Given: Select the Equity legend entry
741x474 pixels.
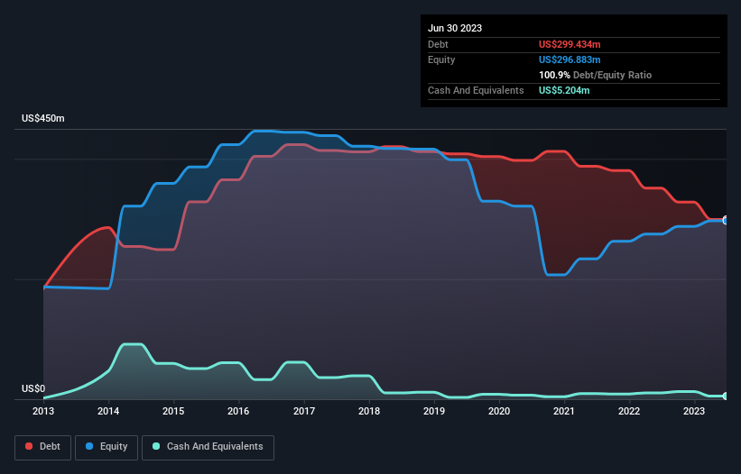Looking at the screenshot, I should point(107,446).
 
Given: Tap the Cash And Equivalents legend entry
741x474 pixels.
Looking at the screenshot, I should point(208,446).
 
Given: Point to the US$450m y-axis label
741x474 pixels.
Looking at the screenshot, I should point(43,119).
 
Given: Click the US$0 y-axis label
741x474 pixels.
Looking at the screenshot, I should point(32,388).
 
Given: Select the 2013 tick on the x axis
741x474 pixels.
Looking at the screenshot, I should point(43,412).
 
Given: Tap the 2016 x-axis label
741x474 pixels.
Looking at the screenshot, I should point(239,412).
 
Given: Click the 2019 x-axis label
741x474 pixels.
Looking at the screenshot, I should point(434,412).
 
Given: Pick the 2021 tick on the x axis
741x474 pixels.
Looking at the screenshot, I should point(564,412).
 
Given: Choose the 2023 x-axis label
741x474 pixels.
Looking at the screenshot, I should point(694,412).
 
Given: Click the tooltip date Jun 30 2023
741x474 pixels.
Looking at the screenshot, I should point(455,28).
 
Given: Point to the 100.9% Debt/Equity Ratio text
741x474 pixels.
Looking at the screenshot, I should point(596,75).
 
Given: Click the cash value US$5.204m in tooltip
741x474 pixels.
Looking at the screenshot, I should point(565,90).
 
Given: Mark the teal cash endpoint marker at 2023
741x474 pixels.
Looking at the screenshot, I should point(726,397).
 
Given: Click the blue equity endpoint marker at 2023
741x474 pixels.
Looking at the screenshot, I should point(726,220).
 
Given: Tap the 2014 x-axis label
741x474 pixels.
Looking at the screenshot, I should point(108,412).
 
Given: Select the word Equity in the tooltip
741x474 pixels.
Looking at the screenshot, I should point(441,59).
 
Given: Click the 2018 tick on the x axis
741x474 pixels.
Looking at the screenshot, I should point(369,412).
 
